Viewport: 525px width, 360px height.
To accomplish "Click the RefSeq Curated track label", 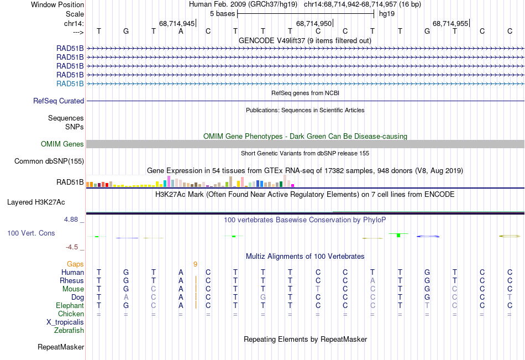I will pos(59,101).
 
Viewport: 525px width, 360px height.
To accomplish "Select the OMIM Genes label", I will pos(62,144).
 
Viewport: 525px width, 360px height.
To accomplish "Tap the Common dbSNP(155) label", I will pos(49,161).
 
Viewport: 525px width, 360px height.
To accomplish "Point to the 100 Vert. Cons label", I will pos(31,233).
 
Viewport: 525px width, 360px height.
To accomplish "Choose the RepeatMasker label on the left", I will pos(61,347).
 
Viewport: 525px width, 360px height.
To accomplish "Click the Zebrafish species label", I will pos(69,331).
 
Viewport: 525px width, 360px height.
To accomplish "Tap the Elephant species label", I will pos(70,306).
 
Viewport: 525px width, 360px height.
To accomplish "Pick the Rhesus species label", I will pos(72,281).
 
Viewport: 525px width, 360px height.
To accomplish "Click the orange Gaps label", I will pos(75,264).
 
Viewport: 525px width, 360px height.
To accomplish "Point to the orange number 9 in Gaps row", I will pos(195,264).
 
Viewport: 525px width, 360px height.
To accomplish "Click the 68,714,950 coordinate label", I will pos(314,24).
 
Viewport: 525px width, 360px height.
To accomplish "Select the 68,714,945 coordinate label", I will pos(177,24).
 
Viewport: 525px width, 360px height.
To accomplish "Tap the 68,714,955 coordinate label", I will pos(450,24).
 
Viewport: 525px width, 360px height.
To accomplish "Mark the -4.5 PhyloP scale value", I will pos(73,247).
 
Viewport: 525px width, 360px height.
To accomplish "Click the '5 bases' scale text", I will pos(222,13).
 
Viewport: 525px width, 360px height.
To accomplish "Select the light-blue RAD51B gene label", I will pos(70,84).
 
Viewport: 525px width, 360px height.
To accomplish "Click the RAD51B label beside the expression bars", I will pos(70,182).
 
